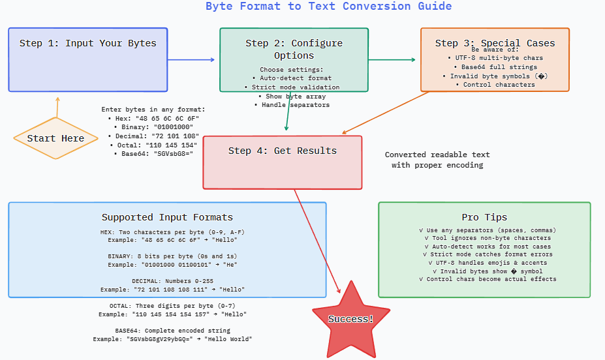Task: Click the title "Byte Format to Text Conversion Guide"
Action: pyautogui.click(x=328, y=7)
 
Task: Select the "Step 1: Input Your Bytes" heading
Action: pyautogui.click(x=87, y=44)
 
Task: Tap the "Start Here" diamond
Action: pyautogui.click(x=55, y=138)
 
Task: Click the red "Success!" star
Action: pyautogui.click(x=350, y=319)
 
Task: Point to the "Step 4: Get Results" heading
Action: pyautogui.click(x=282, y=151)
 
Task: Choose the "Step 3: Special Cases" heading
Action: pyautogui.click(x=495, y=43)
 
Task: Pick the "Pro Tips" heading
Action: pyautogui.click(x=484, y=217)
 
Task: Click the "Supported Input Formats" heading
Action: pyautogui.click(x=167, y=217)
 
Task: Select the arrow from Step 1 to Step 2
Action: pyautogui.click(x=191, y=59)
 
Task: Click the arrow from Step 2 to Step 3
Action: pyautogui.click(x=392, y=59)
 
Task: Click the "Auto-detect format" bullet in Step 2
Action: pyautogui.click(x=291, y=78)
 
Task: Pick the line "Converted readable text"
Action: pyautogui.click(x=437, y=155)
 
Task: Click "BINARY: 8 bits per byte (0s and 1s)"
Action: pyautogui.click(x=167, y=256)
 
